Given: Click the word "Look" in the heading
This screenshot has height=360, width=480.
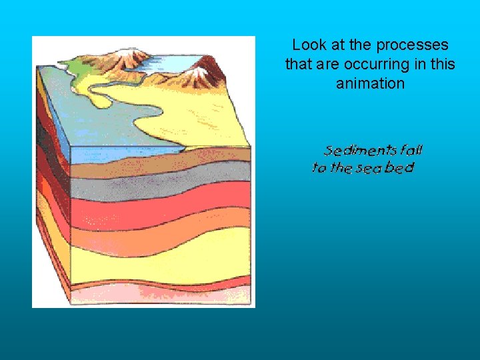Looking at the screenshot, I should [307, 45].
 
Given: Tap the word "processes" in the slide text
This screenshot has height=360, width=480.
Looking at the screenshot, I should [413, 45].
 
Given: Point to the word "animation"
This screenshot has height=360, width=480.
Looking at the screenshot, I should [370, 83].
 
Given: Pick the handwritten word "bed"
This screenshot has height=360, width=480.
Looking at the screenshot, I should [400, 167].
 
